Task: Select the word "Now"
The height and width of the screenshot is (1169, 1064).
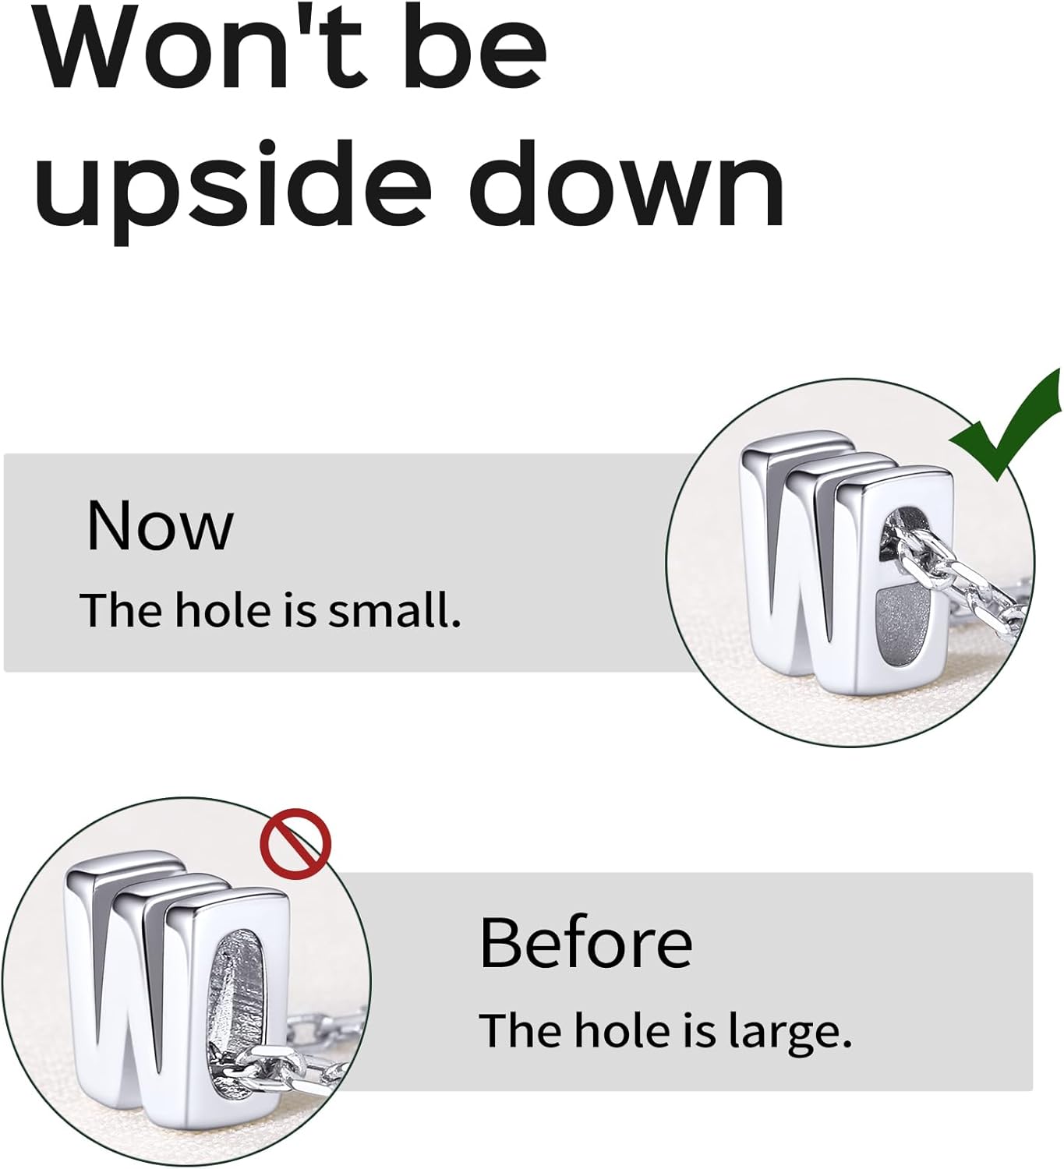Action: point(160,525)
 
